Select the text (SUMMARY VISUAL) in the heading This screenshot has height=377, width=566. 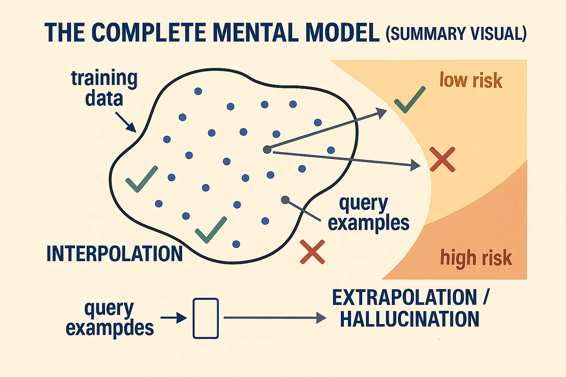coord(456,33)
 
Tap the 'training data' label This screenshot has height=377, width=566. coord(104,88)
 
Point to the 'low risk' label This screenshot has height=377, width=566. coord(471,80)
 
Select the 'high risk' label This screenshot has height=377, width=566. coord(476,258)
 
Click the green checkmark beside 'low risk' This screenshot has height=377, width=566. coord(409,100)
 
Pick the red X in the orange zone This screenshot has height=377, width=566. coord(442,159)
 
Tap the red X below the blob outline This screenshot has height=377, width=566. coord(312,252)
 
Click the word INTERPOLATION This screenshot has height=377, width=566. coord(115,254)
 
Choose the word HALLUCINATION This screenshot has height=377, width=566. coord(410,319)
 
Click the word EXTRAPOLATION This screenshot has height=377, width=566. coord(404,297)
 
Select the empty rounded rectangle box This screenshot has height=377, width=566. coord(205,318)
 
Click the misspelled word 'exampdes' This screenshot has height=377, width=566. coord(110,328)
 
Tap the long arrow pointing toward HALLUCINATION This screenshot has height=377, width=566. coord(275,318)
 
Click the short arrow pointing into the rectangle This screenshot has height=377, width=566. coord(174,318)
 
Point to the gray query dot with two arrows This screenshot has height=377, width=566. coord(267,150)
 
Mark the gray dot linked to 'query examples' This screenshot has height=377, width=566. coord(285,200)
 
